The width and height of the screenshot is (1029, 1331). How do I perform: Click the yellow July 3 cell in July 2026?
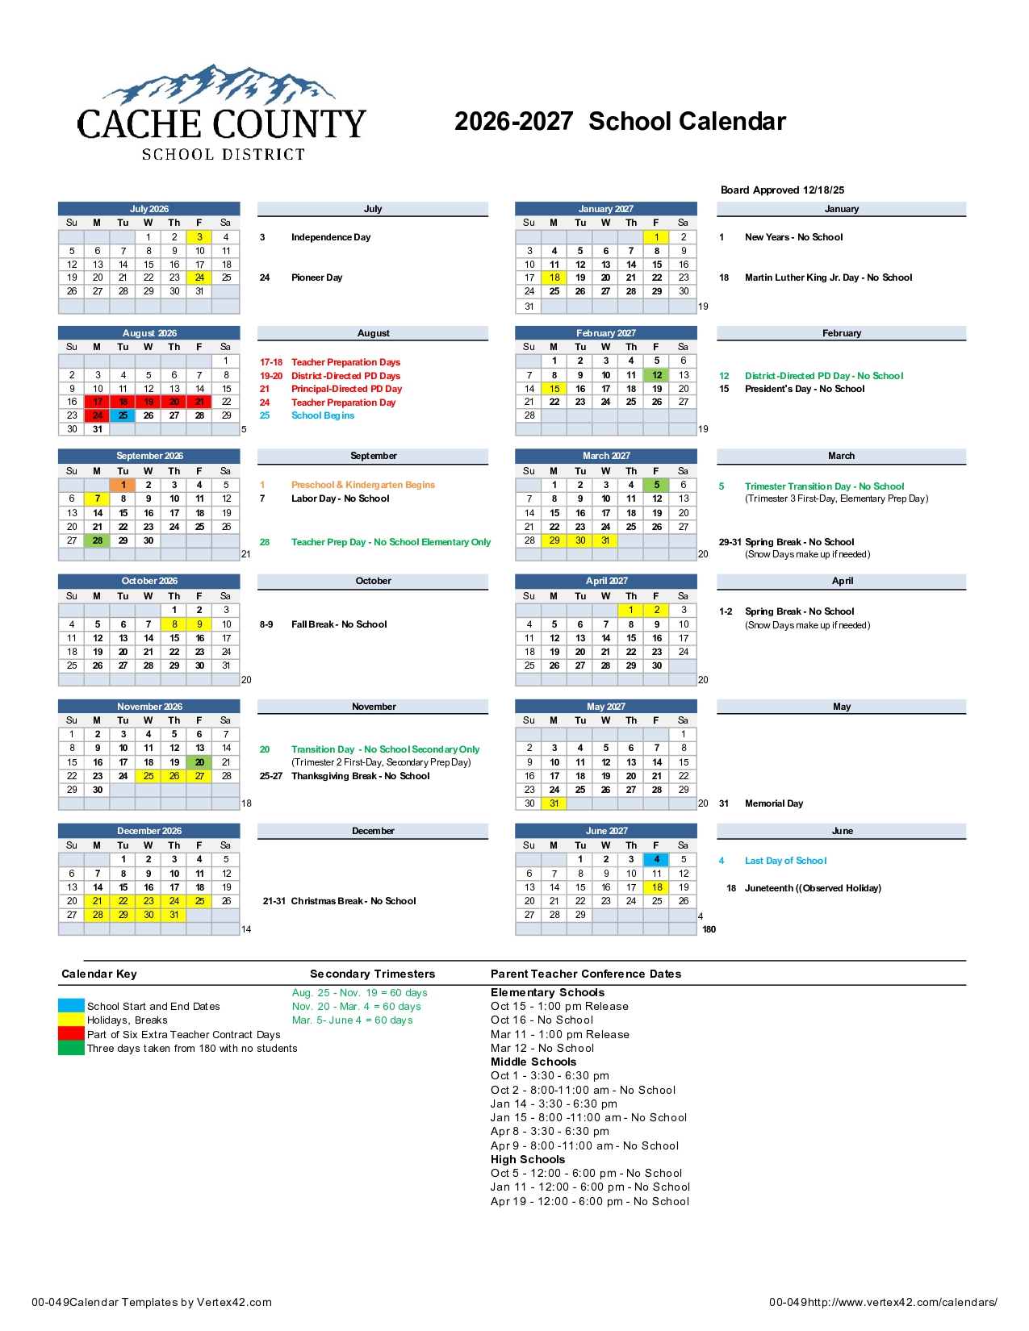(x=199, y=237)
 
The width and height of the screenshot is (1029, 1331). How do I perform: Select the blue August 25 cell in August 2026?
(x=123, y=415)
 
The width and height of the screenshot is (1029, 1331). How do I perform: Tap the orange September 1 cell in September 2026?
(x=123, y=485)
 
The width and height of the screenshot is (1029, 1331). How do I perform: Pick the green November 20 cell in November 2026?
(x=199, y=762)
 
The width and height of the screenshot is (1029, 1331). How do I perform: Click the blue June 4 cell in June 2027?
(x=657, y=860)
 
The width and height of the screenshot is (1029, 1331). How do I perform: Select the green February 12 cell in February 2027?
(x=657, y=375)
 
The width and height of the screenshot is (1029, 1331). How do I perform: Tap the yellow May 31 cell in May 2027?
(x=554, y=803)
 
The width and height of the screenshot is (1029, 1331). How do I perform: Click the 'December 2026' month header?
(x=149, y=831)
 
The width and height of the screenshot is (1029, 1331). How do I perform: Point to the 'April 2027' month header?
(x=606, y=581)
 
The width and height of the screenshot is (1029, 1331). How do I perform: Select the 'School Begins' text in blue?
(x=323, y=415)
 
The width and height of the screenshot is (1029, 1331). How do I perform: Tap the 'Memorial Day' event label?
(x=773, y=803)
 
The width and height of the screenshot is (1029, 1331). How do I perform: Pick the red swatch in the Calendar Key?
(x=71, y=1034)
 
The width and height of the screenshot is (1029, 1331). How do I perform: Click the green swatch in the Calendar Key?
(x=71, y=1049)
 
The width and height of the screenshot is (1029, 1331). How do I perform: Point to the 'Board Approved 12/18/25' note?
(x=782, y=190)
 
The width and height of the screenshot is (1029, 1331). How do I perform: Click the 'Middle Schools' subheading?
(x=533, y=1062)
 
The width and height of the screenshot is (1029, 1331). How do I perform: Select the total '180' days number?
(x=709, y=929)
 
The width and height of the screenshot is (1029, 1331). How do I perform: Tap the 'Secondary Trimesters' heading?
(x=372, y=974)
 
